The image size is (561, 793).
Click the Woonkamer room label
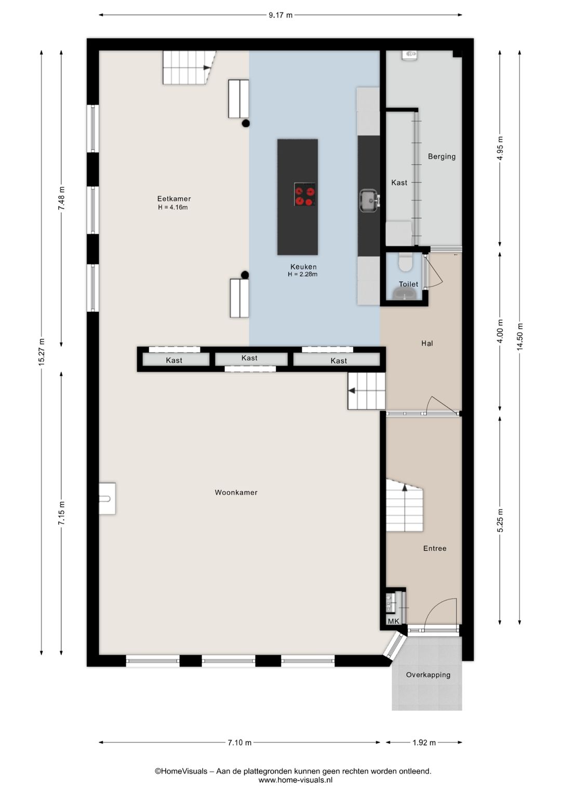[236, 493]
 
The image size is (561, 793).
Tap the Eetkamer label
[174, 199]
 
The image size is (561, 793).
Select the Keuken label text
[303, 267]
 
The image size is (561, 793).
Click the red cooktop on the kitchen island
[305, 194]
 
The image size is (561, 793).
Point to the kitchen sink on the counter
[369, 201]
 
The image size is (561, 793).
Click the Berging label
[442, 156]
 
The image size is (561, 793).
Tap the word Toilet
[408, 284]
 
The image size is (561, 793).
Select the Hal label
[427, 343]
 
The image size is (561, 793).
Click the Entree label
[435, 548]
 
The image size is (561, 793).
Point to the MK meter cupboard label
[393, 621]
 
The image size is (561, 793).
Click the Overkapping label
[428, 675]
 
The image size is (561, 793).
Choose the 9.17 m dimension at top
[280, 15]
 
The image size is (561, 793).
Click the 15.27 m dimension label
[42, 352]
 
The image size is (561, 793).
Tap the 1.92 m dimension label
[424, 743]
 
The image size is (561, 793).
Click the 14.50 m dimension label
[519, 337]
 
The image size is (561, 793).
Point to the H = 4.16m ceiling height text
[173, 207]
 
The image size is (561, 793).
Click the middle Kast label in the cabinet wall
[249, 358]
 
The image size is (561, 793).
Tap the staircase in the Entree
[404, 505]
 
